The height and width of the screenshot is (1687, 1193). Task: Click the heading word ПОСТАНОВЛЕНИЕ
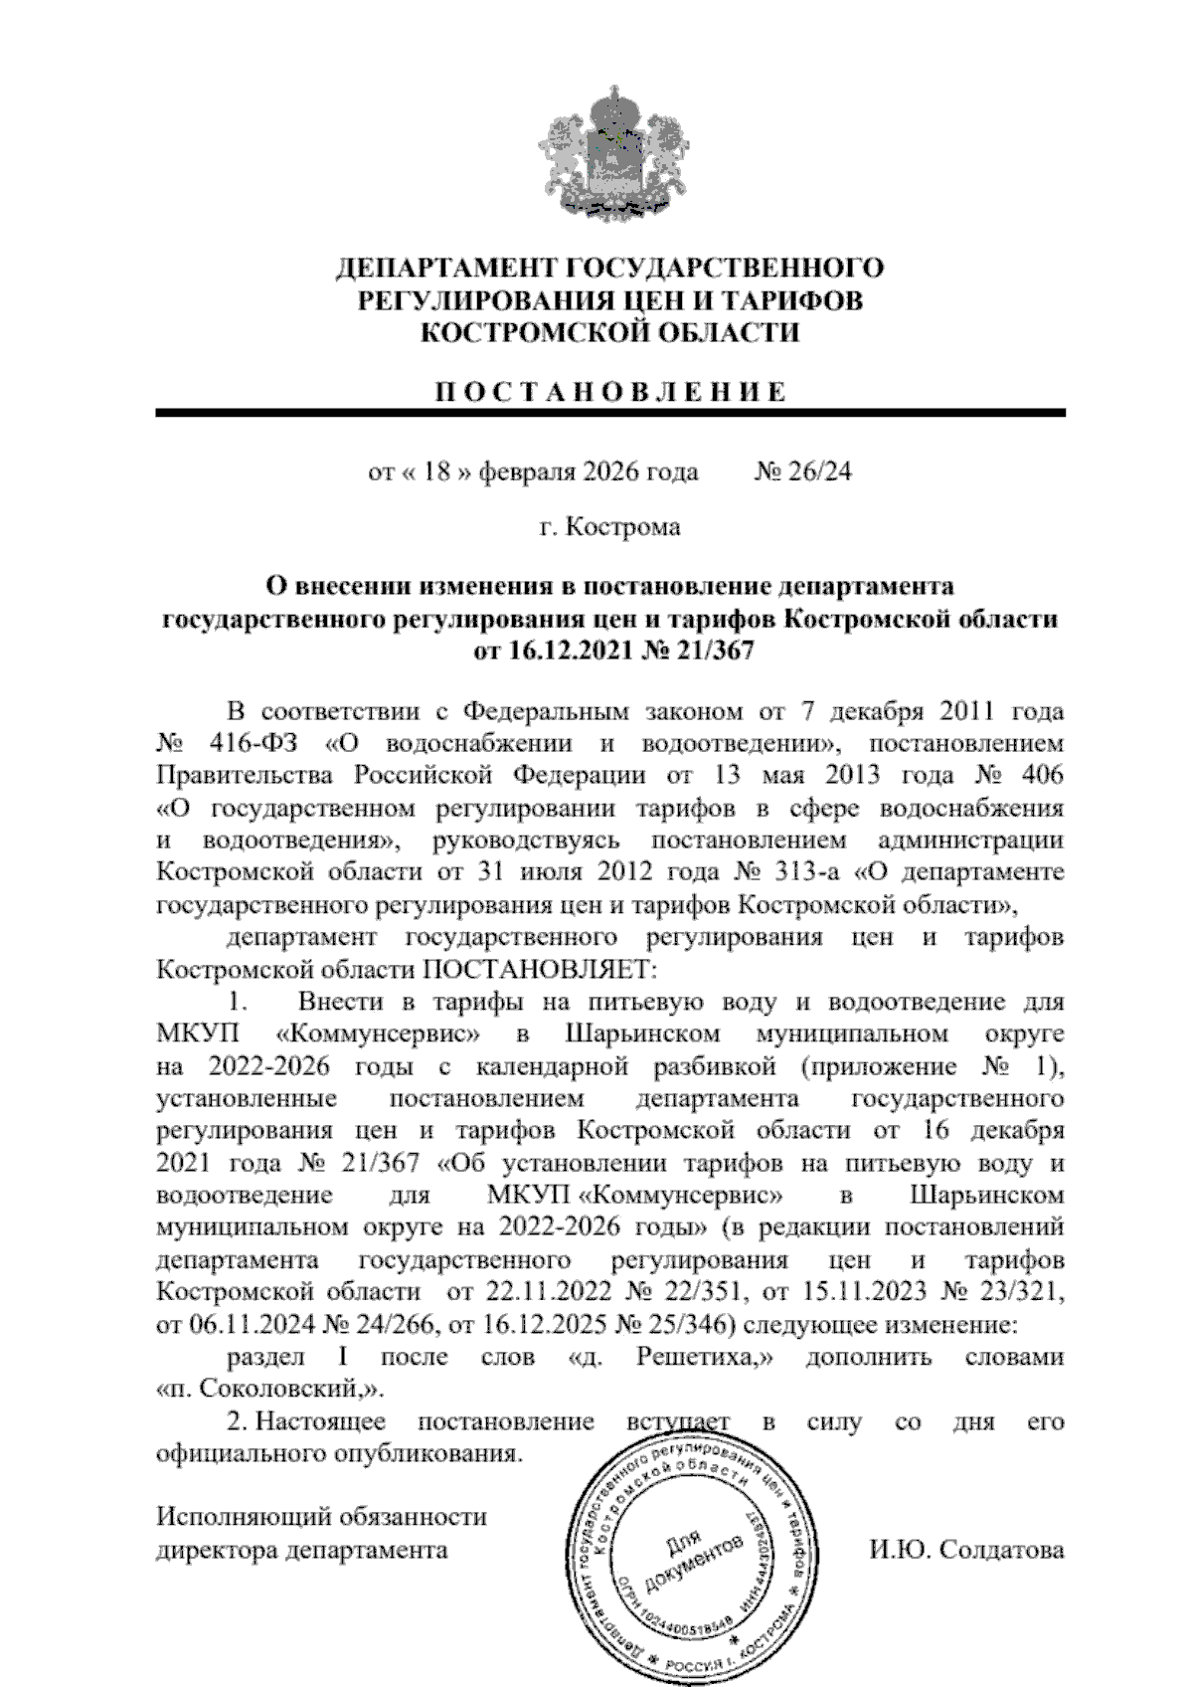pyautogui.click(x=610, y=391)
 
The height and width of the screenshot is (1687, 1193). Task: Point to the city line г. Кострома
pyautogui.click(x=610, y=526)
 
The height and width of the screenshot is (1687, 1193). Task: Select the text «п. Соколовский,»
pyautogui.click(x=270, y=1390)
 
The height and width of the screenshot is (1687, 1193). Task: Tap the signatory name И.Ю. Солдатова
pyautogui.click(x=965, y=1550)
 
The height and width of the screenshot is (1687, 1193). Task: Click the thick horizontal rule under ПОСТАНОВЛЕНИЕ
pyautogui.click(x=610, y=413)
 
